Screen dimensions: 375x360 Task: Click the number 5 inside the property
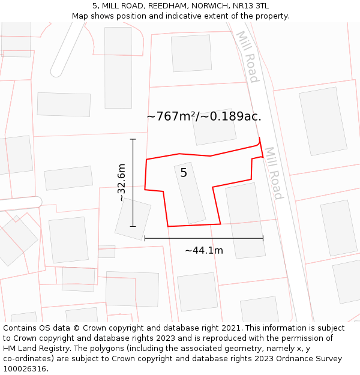[184, 173]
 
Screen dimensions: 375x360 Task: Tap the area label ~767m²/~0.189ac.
[204, 116]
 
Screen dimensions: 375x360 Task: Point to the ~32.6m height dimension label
[121, 182]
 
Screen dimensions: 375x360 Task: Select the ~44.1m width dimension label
[204, 250]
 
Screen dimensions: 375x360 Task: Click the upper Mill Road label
[248, 56]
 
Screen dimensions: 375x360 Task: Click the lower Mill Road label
[273, 173]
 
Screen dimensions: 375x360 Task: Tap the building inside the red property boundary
[190, 193]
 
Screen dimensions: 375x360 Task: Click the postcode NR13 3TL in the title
[254, 6]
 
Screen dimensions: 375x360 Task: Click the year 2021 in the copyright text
[230, 328]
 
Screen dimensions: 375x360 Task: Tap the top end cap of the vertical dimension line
[133, 139]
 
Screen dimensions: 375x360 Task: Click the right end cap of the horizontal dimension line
[263, 238]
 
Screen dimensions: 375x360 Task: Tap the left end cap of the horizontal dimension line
[145, 238]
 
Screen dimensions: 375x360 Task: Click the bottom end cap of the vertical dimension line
[133, 226]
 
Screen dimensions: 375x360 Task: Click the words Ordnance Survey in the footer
[310, 359]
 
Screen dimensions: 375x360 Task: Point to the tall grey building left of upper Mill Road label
[118, 68]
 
